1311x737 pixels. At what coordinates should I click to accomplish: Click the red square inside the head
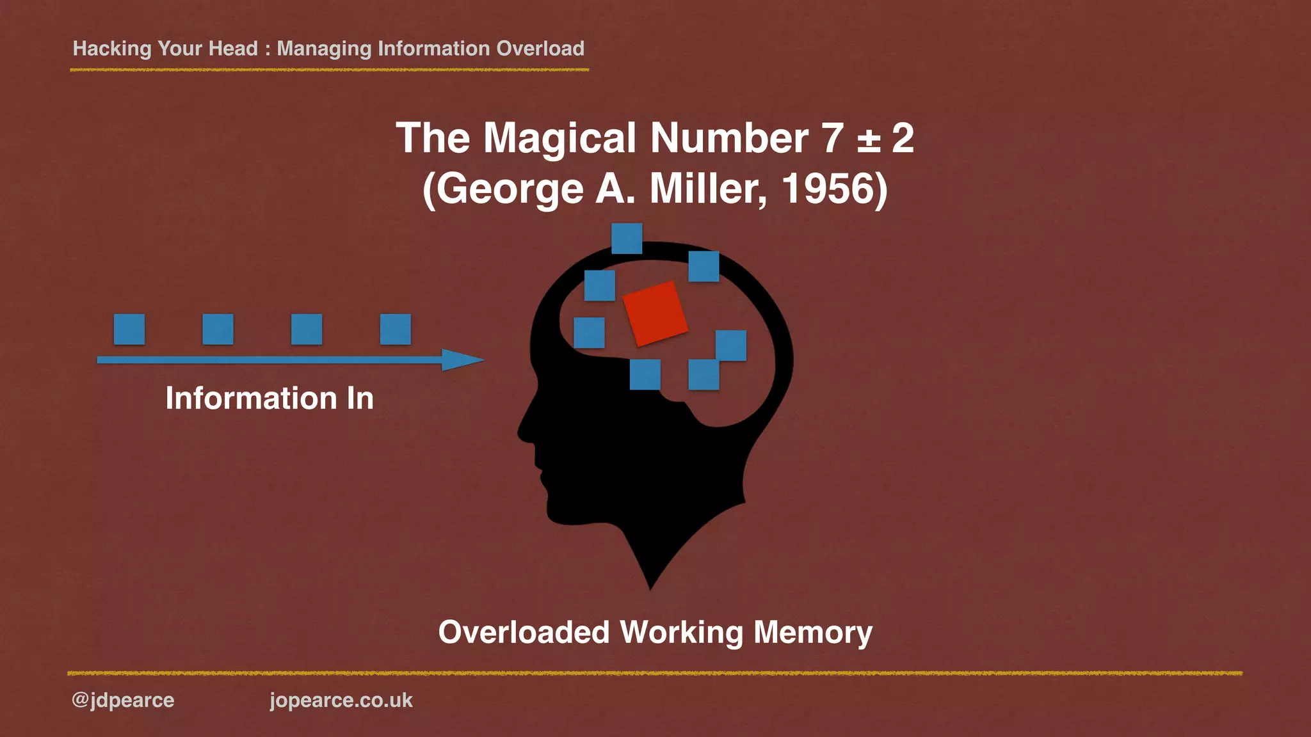[x=655, y=313]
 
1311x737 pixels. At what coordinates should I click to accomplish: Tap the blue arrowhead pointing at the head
[x=461, y=360]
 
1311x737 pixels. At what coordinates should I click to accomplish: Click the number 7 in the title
[x=833, y=138]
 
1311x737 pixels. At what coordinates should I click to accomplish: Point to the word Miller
[x=707, y=189]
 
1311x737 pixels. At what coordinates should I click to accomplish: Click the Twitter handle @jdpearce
[x=123, y=700]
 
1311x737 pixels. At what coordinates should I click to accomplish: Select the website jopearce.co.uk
[x=341, y=700]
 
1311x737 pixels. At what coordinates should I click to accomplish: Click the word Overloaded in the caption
[x=524, y=632]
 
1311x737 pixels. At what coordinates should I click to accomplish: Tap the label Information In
[x=269, y=398]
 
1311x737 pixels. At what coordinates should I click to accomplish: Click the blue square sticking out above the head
[x=627, y=238]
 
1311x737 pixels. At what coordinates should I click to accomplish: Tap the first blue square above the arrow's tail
[x=129, y=329]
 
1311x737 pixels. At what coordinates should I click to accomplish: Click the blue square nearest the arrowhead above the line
[x=396, y=329]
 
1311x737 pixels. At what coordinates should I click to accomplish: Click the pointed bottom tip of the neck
[x=650, y=587]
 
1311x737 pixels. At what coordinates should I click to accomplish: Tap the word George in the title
[x=510, y=190]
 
